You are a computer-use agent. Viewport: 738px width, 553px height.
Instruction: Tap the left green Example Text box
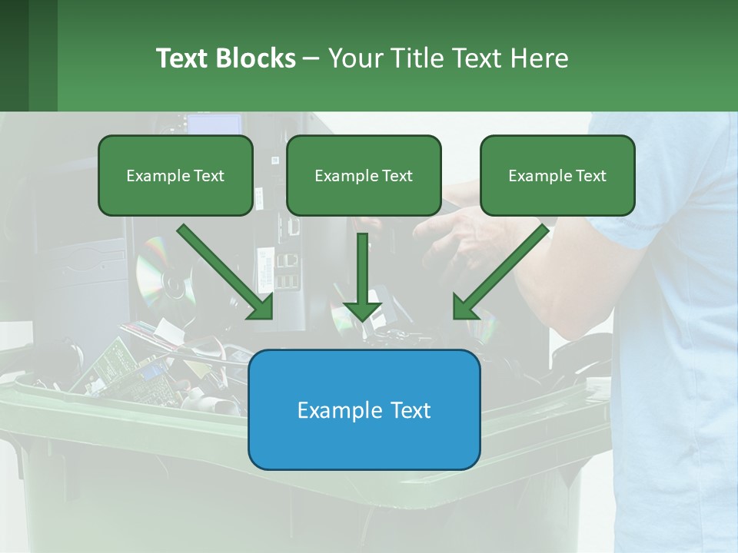pos(175,175)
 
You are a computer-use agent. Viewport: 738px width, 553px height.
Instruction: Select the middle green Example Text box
pos(364,175)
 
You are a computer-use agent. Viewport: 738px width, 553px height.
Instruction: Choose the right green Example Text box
pos(557,175)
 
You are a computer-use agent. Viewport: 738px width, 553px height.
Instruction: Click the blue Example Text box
pos(364,409)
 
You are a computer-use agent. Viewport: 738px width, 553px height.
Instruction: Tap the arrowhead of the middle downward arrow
pos(362,311)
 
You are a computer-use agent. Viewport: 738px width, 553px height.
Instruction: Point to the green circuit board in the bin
pos(115,361)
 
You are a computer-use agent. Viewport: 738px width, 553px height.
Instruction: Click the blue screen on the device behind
pos(214,124)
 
